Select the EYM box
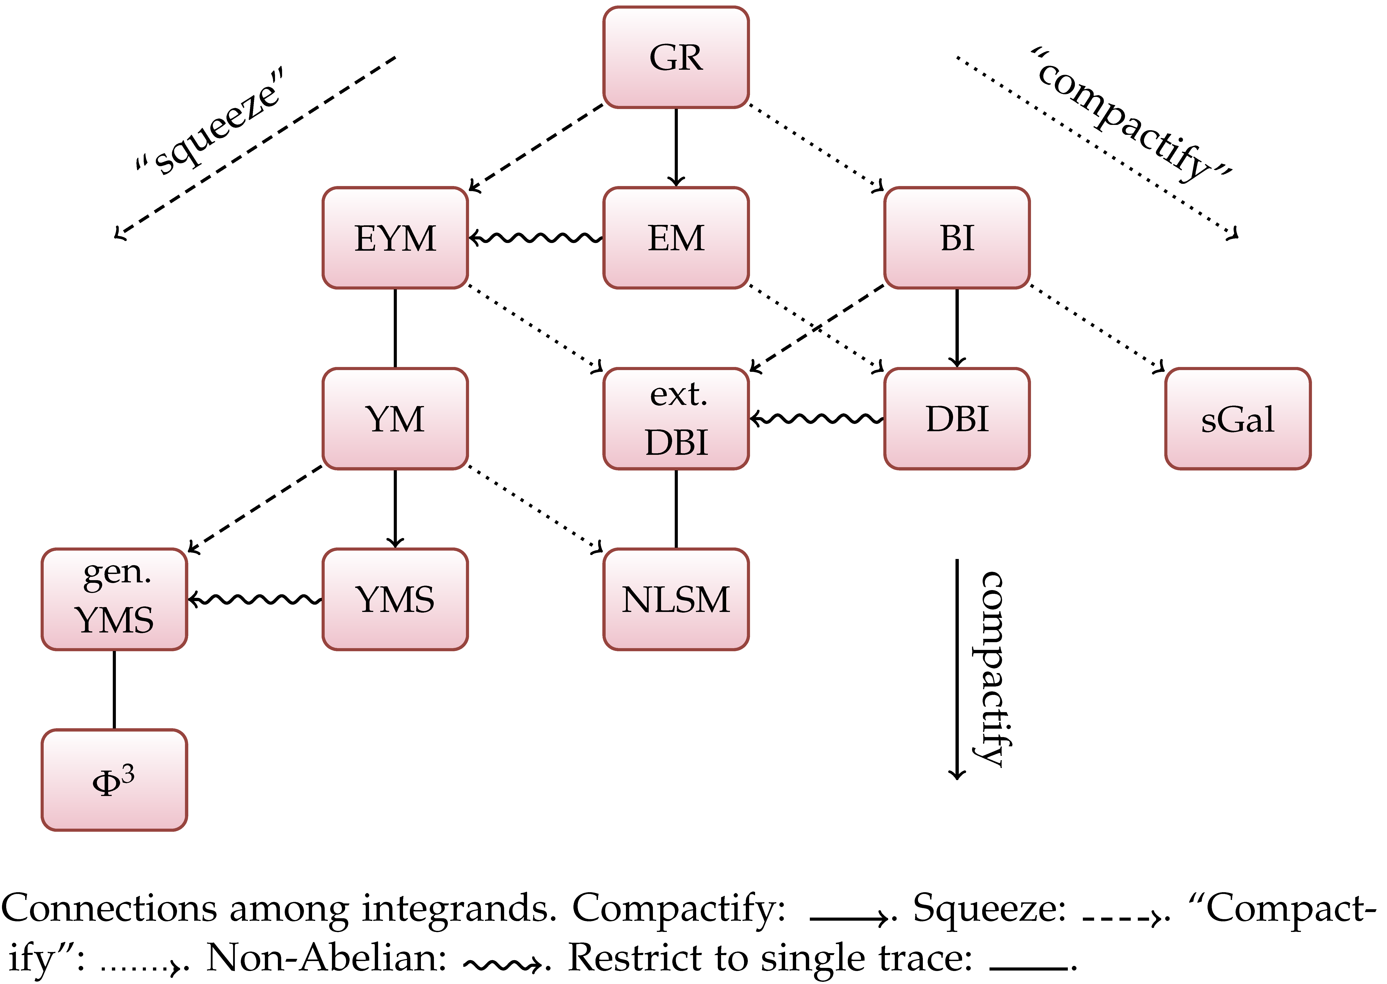[395, 238]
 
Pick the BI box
[957, 238]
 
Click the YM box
[395, 419]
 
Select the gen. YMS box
[115, 599]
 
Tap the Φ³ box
[115, 780]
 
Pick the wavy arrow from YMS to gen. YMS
[255, 599]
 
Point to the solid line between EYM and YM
[395, 328]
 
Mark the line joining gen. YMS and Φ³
[115, 690]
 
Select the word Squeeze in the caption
[989, 909]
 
